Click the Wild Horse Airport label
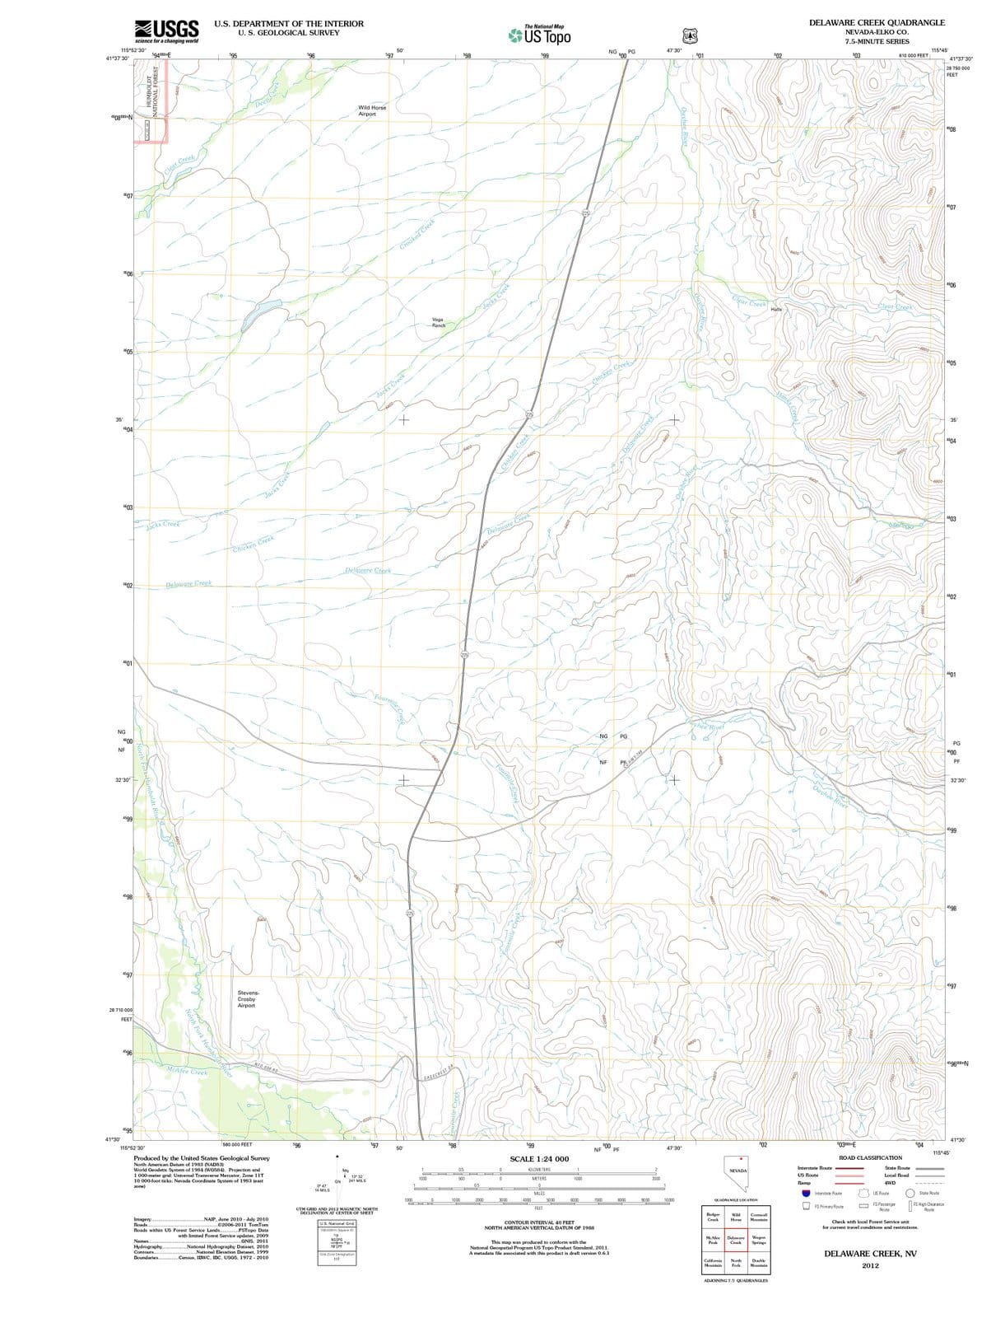tap(372, 110)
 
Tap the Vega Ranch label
tap(438, 322)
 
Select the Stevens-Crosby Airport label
tap(246, 998)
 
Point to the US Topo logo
tap(540, 35)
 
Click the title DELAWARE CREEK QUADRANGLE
tap(877, 23)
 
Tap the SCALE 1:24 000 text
tap(539, 1159)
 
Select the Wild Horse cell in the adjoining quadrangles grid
tap(736, 1218)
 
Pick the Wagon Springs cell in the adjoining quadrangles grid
tap(759, 1241)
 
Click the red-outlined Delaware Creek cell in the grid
tap(736, 1241)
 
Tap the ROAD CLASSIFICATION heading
tap(870, 1157)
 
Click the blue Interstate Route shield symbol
tap(805, 1193)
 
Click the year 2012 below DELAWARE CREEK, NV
tap(871, 1265)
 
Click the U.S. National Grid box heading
tap(336, 1223)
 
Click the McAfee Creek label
tap(187, 1072)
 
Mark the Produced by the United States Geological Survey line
tap(202, 1158)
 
